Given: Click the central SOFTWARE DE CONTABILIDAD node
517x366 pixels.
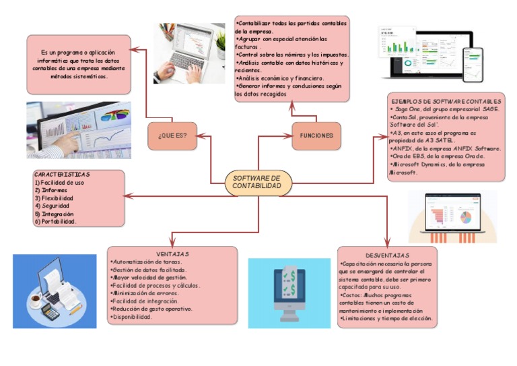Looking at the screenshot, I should (x=258, y=181).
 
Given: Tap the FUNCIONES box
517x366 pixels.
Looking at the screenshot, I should (x=316, y=135).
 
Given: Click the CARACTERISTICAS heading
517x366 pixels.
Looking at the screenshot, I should (x=62, y=175).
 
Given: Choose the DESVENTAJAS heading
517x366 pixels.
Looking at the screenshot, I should (x=388, y=255).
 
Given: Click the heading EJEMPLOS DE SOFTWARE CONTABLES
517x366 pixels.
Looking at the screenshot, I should (x=446, y=101).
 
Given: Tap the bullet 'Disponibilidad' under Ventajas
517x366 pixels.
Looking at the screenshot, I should (x=132, y=317).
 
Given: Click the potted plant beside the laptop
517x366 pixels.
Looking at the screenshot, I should (x=220, y=42).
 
